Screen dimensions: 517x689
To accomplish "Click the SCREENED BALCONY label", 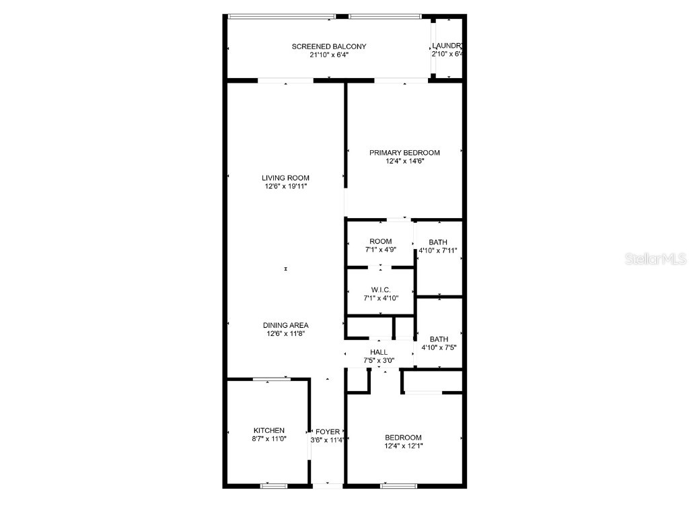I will pyautogui.click(x=328, y=46).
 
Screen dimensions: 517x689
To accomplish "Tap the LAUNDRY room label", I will pyautogui.click(x=447, y=46).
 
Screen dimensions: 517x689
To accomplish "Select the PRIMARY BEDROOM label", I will pyautogui.click(x=404, y=153).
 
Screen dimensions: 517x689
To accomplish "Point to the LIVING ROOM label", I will pyautogui.click(x=286, y=178).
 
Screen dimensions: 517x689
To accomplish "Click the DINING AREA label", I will pyautogui.click(x=286, y=325).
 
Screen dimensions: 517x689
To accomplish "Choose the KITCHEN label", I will pyautogui.click(x=268, y=431).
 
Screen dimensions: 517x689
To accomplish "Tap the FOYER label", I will pyautogui.click(x=328, y=432).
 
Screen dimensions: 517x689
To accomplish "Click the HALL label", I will pyautogui.click(x=379, y=352).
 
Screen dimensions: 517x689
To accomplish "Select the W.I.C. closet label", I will pyautogui.click(x=381, y=290).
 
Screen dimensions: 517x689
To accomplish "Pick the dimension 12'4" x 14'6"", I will pyautogui.click(x=404, y=162).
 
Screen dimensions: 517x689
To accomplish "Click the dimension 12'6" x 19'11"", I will pyautogui.click(x=286, y=186).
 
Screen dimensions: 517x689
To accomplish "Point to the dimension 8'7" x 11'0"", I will pyautogui.click(x=268, y=440).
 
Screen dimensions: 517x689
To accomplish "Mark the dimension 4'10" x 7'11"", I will pyautogui.click(x=438, y=250).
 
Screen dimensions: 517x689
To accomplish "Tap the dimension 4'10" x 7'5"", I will pyautogui.click(x=439, y=348).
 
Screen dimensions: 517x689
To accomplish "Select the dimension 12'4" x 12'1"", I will pyautogui.click(x=404, y=445).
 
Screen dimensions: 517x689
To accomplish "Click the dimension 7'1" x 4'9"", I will pyautogui.click(x=380, y=250).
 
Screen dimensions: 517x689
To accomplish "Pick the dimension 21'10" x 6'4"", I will pyautogui.click(x=328, y=55).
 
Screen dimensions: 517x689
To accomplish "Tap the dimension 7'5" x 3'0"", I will pyautogui.click(x=379, y=360).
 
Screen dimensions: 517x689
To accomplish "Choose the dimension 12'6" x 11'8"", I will pyautogui.click(x=286, y=333).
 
